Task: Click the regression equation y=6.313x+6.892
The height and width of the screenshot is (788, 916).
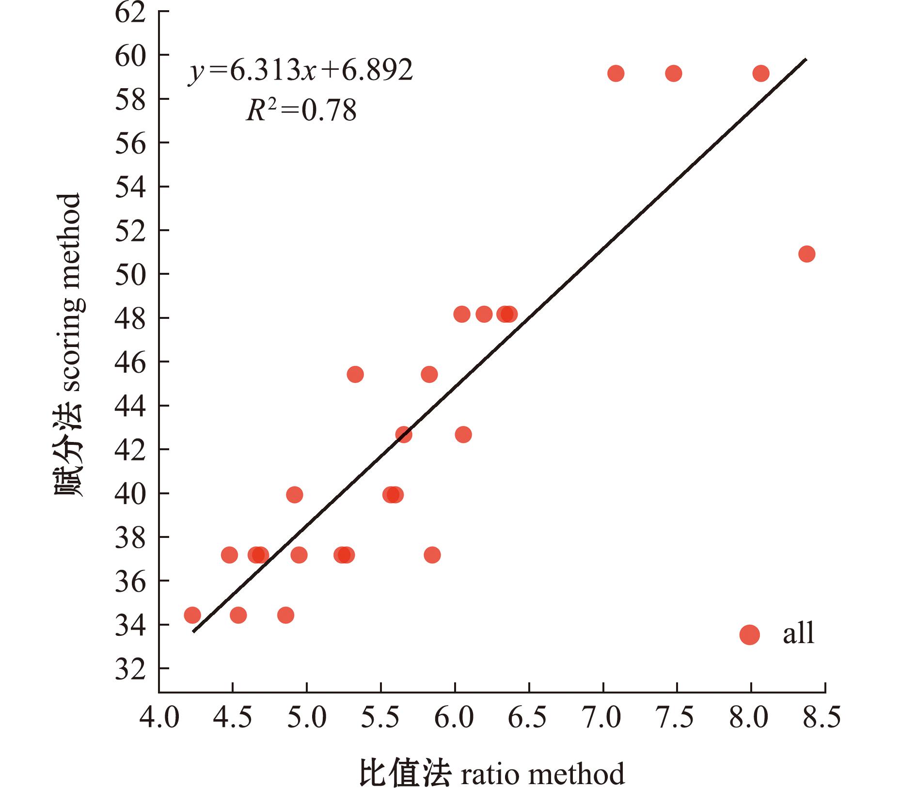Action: click(x=300, y=71)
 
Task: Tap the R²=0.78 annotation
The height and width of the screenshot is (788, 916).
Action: click(x=301, y=110)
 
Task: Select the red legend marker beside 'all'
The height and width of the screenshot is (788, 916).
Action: click(x=749, y=634)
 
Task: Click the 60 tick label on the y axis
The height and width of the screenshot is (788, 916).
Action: click(x=130, y=56)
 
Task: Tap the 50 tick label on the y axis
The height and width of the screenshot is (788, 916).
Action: click(x=130, y=275)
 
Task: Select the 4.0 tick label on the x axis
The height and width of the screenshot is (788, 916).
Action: click(x=159, y=718)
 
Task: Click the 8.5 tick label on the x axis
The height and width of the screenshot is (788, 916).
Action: click(x=822, y=718)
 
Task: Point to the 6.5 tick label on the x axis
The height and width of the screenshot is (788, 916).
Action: click(x=528, y=718)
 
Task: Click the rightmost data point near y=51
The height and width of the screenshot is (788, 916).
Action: click(x=806, y=253)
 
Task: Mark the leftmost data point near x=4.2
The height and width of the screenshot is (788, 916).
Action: click(x=192, y=615)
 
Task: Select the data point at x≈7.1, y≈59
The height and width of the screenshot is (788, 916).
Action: click(x=616, y=74)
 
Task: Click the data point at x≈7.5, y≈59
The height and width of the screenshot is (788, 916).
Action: click(x=674, y=74)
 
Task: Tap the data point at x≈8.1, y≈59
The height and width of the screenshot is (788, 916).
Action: click(x=761, y=74)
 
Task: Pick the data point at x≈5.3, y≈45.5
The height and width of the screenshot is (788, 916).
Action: click(x=355, y=374)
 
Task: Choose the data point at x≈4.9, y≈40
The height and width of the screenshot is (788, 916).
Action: click(x=295, y=495)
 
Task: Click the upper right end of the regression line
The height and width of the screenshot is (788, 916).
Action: click(x=805, y=59)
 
